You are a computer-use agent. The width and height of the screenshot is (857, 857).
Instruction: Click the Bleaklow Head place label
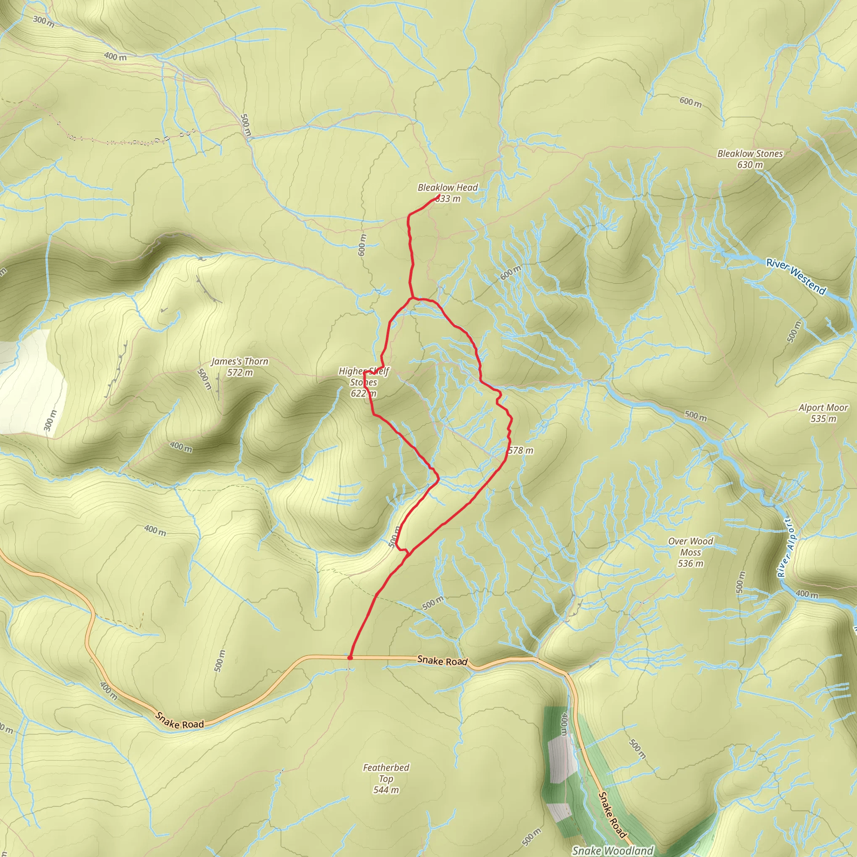pyautogui.click(x=448, y=187)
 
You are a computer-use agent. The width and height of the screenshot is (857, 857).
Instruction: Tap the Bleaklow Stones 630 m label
pyautogui.click(x=750, y=159)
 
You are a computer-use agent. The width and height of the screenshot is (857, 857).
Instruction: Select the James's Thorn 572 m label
pyautogui.click(x=239, y=367)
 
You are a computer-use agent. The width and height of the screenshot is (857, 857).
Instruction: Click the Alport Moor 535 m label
pyautogui.click(x=823, y=413)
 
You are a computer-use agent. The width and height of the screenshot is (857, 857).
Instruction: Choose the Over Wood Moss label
pyautogui.click(x=690, y=552)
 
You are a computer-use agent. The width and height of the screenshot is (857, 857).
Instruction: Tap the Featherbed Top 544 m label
pyautogui.click(x=386, y=778)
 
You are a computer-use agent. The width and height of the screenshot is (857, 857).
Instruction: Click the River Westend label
pyautogui.click(x=796, y=277)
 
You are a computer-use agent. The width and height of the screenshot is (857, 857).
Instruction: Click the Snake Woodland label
pyautogui.click(x=613, y=850)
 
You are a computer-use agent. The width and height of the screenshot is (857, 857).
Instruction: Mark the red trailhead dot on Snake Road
pyautogui.click(x=350, y=657)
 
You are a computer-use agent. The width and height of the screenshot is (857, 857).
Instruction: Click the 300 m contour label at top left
pyautogui.click(x=44, y=21)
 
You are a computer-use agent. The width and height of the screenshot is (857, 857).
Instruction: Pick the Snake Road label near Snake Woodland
pyautogui.click(x=612, y=815)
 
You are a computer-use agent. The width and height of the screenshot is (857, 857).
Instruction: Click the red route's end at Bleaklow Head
pyautogui.click(x=439, y=196)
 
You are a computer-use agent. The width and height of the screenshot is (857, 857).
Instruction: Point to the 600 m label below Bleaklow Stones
pyautogui.click(x=690, y=102)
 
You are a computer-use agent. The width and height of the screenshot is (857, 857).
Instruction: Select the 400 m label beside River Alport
pyautogui.click(x=806, y=593)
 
